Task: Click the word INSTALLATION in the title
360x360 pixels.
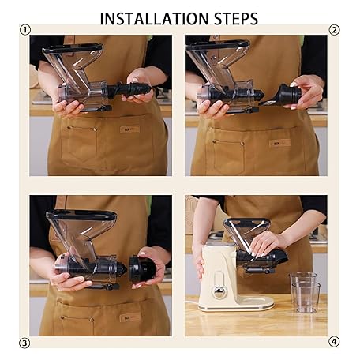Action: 154,18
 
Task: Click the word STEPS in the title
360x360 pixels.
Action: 236,18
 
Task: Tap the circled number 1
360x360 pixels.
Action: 25,30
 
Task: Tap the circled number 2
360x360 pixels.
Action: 334,30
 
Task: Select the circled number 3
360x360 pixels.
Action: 24,343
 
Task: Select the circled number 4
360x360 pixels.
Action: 334,342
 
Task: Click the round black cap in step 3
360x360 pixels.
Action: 142,269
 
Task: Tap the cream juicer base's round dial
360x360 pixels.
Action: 219,292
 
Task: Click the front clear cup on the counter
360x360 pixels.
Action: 306,298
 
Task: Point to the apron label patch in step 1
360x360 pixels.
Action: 129,129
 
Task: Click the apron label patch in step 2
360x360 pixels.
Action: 280,143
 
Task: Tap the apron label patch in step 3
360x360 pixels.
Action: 130,317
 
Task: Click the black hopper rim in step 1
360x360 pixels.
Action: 73,48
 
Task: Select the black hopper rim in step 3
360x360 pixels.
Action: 81,214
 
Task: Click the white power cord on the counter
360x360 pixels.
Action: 192,302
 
